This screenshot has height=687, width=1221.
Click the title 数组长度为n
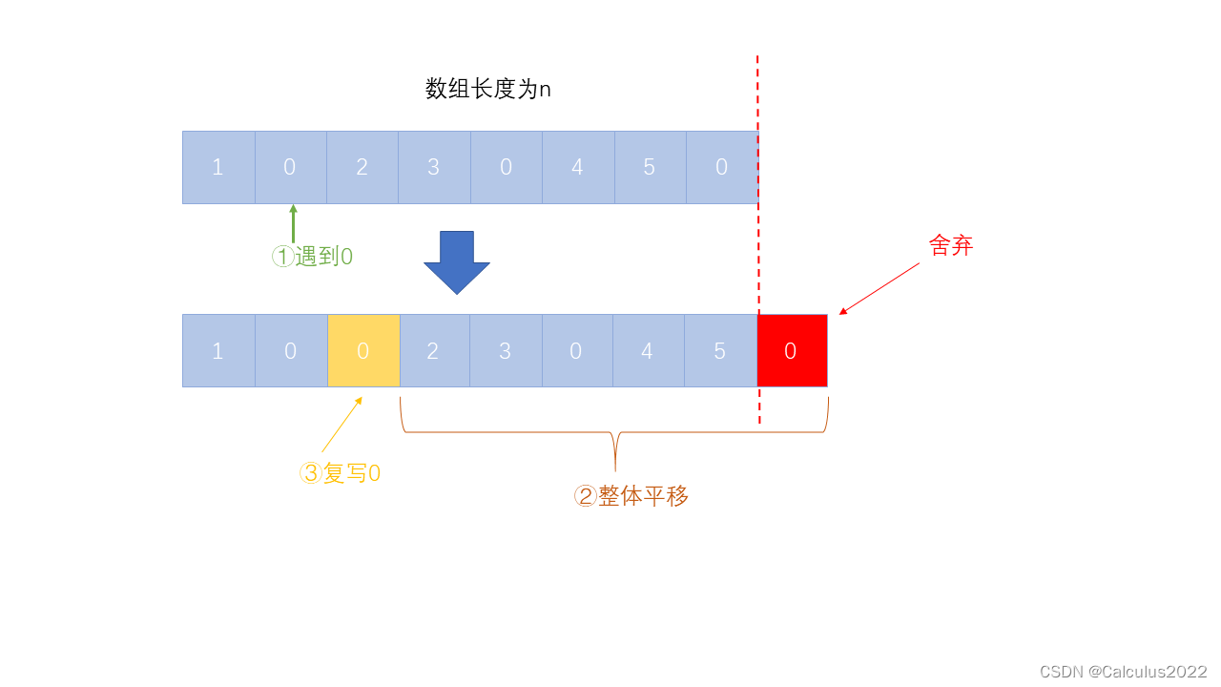[x=487, y=90]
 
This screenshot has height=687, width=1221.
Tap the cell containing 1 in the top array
[x=218, y=167]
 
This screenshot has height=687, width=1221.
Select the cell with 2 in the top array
[x=362, y=167]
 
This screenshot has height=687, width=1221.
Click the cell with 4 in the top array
[x=578, y=167]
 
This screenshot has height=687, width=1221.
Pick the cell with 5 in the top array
[x=650, y=167]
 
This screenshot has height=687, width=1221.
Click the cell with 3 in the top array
[x=434, y=167]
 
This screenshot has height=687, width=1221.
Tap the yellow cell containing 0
[x=363, y=350]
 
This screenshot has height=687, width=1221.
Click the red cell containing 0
[x=792, y=350]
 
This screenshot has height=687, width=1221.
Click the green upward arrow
[x=293, y=223]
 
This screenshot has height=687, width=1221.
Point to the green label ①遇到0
[x=313, y=257]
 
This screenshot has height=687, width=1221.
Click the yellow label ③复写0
[x=341, y=473]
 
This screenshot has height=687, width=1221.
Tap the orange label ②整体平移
[x=631, y=496]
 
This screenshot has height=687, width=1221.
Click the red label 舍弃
[x=950, y=245]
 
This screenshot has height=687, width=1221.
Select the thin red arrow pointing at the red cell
[x=880, y=288]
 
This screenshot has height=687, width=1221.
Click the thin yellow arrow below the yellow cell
[x=342, y=424]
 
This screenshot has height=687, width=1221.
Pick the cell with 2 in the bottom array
[x=434, y=350]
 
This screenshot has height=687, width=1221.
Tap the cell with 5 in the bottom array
[x=721, y=350]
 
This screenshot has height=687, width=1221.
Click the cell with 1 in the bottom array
[x=218, y=350]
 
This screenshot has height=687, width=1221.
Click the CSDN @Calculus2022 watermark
[x=1123, y=672]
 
